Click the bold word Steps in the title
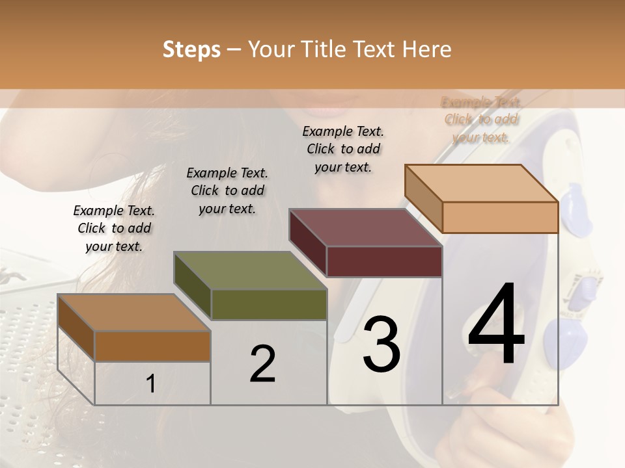(191, 49)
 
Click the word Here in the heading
(428, 49)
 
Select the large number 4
(496, 325)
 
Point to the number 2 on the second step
(262, 363)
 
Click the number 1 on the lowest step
(151, 384)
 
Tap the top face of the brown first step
(133, 313)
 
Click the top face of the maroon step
(365, 227)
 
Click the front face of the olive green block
(269, 304)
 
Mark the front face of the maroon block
(384, 262)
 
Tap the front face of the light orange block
(500, 217)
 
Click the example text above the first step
(114, 228)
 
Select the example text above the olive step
(227, 190)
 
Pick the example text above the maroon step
(343, 149)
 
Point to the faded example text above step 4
(481, 119)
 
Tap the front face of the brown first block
(152, 346)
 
